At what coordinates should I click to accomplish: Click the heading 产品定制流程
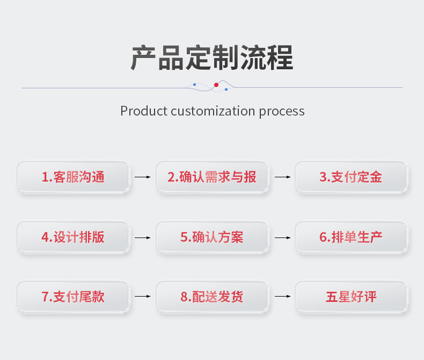[212, 58]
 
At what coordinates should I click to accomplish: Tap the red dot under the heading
[216, 85]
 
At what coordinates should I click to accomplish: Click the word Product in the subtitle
[143, 111]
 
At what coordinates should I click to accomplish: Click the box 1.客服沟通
[73, 177]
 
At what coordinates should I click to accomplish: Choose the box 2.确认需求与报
[212, 177]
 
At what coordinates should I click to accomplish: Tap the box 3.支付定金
[351, 177]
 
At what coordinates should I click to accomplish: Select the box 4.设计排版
[73, 237]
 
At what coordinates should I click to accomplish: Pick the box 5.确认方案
[212, 237]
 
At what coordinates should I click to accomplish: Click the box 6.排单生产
[351, 237]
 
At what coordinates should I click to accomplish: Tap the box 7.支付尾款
[73, 297]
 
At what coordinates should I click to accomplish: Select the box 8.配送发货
[212, 297]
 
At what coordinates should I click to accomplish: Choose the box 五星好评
[351, 297]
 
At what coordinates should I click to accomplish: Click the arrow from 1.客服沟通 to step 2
[143, 177]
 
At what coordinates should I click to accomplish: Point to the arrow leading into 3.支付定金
[282, 177]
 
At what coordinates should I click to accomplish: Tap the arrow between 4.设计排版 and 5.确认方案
[143, 237]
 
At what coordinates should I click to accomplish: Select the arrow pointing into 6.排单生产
[282, 237]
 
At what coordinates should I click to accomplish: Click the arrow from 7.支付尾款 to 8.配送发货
[143, 297]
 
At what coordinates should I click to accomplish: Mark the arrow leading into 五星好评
[282, 297]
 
